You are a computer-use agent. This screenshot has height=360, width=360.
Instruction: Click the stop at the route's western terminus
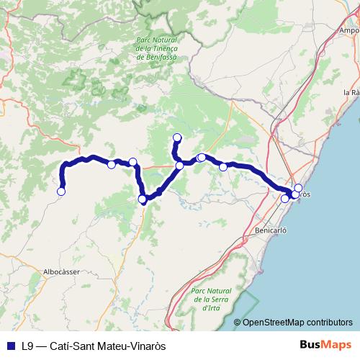click(61, 191)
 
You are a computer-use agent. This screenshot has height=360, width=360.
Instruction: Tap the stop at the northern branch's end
click(177, 137)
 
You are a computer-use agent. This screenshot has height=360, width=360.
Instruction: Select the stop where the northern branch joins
click(179, 166)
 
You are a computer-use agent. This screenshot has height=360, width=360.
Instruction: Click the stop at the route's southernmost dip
click(143, 199)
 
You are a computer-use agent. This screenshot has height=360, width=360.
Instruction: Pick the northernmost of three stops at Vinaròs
click(299, 188)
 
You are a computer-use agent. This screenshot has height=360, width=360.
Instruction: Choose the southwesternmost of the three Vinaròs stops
click(285, 199)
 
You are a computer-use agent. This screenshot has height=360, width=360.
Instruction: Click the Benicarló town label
click(271, 231)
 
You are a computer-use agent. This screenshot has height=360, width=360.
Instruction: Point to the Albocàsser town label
click(61, 271)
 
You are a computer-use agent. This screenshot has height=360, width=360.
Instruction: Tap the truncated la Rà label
click(351, 93)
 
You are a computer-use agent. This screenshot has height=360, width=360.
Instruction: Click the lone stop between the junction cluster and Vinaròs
click(223, 167)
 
